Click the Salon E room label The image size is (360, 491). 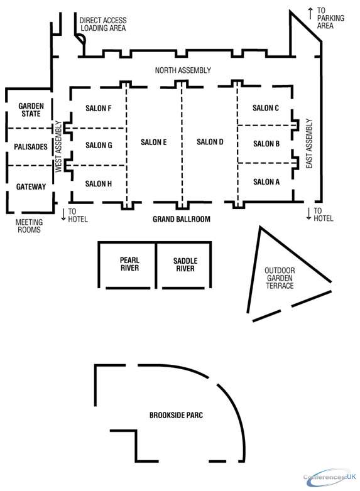click(x=153, y=142)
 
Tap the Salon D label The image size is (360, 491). click(x=210, y=142)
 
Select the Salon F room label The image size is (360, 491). click(x=99, y=109)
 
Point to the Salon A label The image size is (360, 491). click(x=266, y=181)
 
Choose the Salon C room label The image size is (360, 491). click(x=266, y=108)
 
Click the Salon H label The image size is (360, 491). click(x=99, y=183)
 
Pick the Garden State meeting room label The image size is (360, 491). click(x=31, y=110)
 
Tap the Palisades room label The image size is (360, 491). click(x=31, y=146)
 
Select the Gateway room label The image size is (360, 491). click(x=31, y=186)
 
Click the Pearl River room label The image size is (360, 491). click(x=129, y=264)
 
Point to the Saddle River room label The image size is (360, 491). click(x=185, y=264)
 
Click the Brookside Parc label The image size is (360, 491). click(x=176, y=415)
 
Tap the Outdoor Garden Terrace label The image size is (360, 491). click(x=280, y=278)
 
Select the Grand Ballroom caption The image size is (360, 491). click(x=182, y=219)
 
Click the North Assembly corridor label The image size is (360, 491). click(x=183, y=70)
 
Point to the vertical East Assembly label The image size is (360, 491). click(x=309, y=143)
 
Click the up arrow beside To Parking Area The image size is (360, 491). click(x=310, y=13)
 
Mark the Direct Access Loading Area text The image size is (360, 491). click(x=103, y=24)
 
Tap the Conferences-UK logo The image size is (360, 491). click(x=330, y=477)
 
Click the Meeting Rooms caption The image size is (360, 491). click(x=29, y=226)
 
